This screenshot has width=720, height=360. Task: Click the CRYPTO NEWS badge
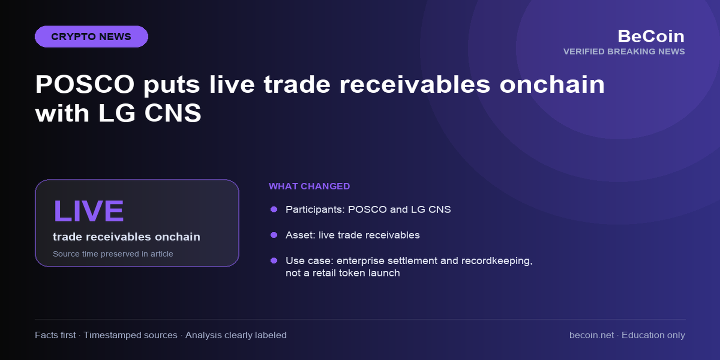point(91,37)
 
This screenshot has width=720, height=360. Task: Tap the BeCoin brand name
point(651,36)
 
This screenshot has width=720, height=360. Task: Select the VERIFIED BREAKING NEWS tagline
point(624,52)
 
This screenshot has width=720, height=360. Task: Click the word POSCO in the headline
point(85,84)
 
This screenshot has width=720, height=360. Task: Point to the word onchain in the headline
point(552,84)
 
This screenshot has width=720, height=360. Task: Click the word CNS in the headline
point(173,113)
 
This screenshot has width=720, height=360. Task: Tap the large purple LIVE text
point(88,211)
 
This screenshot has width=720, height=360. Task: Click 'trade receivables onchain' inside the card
point(126,237)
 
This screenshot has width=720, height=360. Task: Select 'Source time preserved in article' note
point(113,254)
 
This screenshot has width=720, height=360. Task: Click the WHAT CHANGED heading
point(309,187)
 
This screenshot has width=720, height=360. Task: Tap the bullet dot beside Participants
point(274,209)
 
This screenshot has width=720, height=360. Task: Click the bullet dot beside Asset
point(274,235)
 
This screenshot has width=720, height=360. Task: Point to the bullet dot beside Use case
point(274,260)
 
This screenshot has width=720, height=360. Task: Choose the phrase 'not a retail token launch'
point(343,273)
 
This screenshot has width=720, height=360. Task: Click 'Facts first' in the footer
point(55,335)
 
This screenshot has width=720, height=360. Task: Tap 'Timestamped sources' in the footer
point(130,335)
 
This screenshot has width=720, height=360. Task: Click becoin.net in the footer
point(591,335)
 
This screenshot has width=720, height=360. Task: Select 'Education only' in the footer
point(653,335)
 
